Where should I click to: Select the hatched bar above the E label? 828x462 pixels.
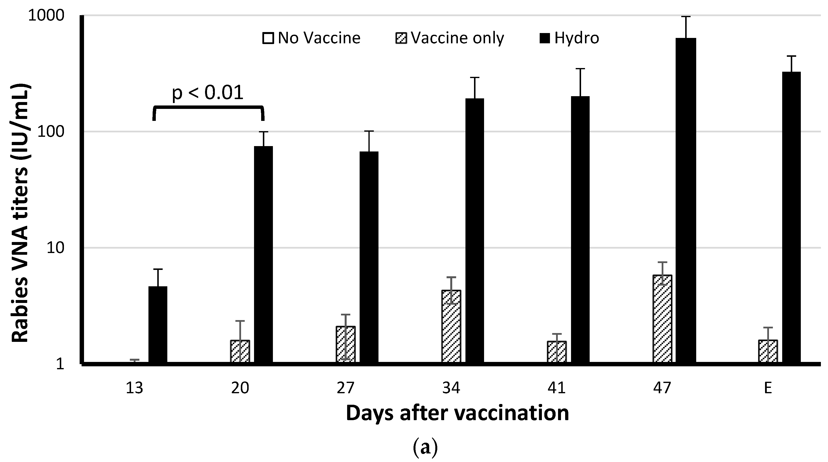tap(768, 351)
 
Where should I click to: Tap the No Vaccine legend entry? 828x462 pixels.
tap(311, 38)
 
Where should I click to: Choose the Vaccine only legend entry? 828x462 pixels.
tap(449, 38)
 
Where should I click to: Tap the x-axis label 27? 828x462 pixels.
tap(346, 388)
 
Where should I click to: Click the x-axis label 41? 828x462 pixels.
tap(557, 388)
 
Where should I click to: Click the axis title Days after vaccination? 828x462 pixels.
tap(457, 414)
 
